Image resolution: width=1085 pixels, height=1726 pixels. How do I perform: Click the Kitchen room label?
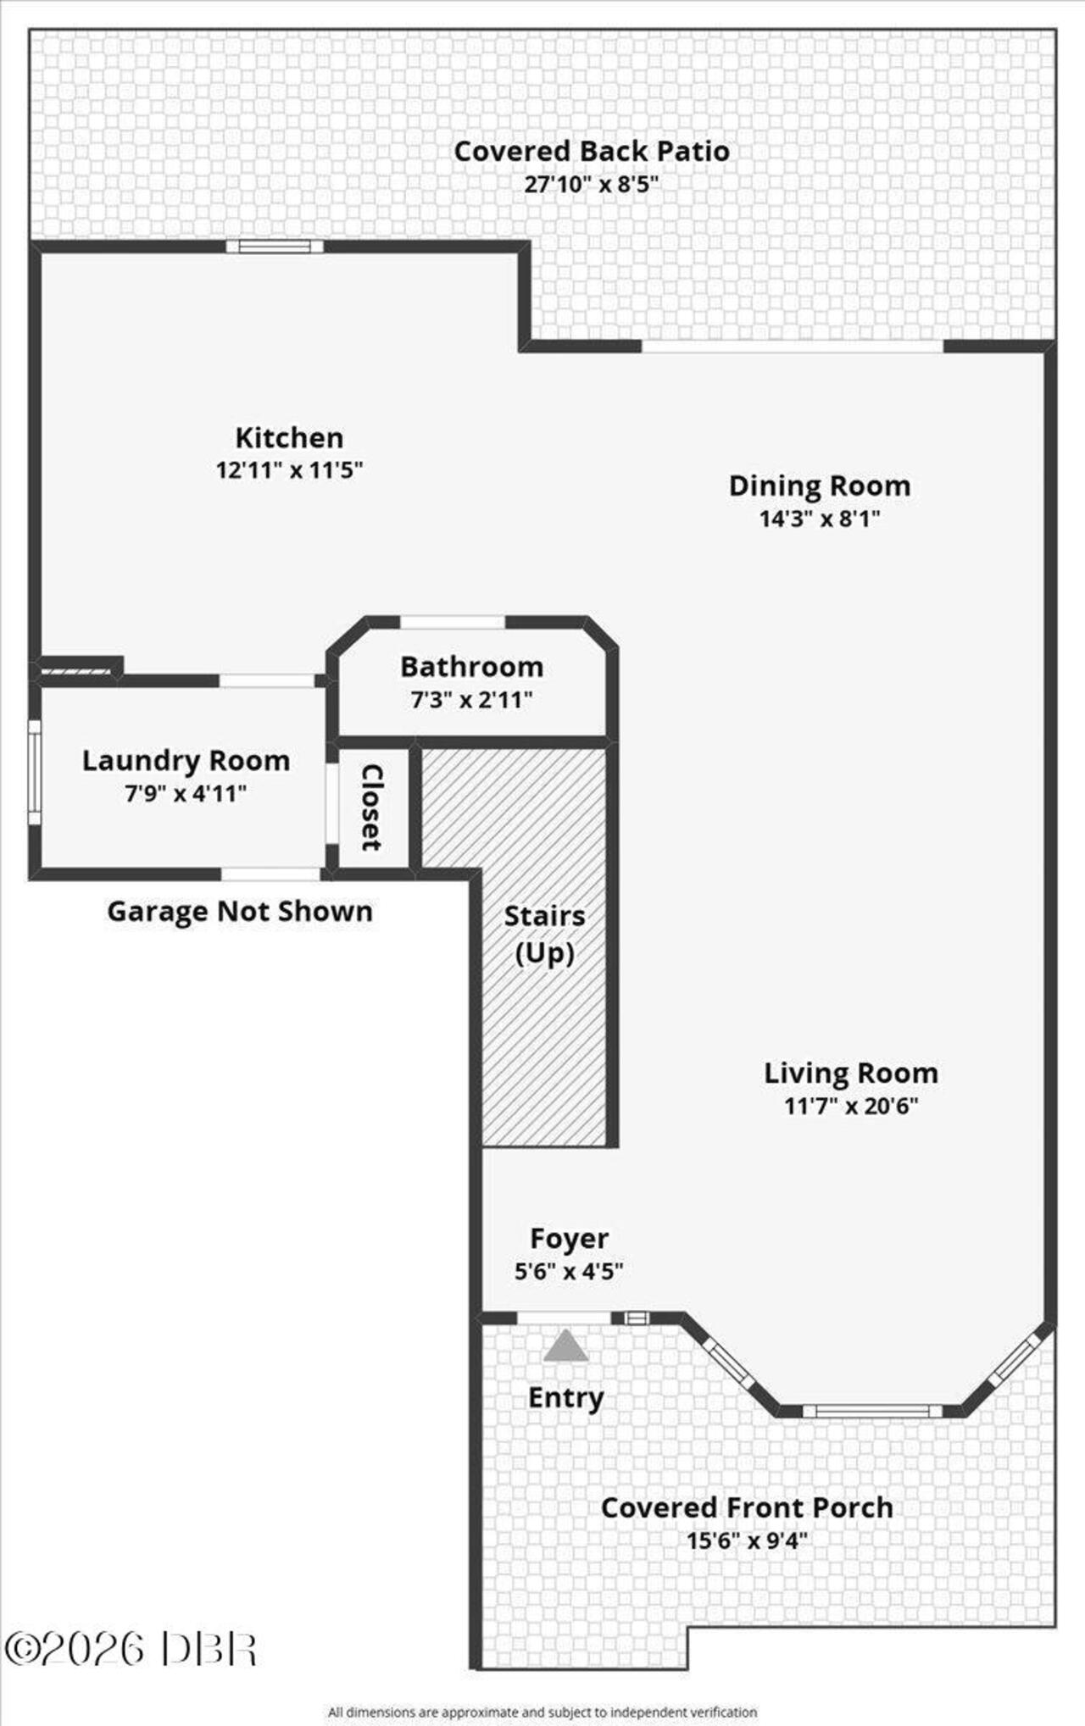pyautogui.click(x=289, y=438)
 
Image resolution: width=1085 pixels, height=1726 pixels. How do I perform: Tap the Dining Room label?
pyautogui.click(x=820, y=486)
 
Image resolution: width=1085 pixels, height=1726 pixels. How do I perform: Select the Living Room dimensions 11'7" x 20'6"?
pyautogui.click(x=851, y=1106)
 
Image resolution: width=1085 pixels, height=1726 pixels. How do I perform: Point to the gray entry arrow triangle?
pyautogui.click(x=566, y=1345)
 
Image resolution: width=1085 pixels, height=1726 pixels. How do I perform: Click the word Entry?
pyautogui.click(x=566, y=1397)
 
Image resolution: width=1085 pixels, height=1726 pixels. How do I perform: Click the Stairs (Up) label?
pyautogui.click(x=544, y=935)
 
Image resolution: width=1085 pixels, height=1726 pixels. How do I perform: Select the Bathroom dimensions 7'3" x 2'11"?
pyautogui.click(x=471, y=700)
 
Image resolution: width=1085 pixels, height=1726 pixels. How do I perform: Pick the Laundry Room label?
pyautogui.click(x=186, y=761)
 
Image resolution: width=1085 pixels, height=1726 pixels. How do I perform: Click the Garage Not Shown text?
pyautogui.click(x=240, y=912)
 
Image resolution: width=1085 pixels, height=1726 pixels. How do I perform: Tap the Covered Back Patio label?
pyautogui.click(x=592, y=152)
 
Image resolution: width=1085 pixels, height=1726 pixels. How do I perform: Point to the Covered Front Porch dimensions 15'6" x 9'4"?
pyautogui.click(x=747, y=1540)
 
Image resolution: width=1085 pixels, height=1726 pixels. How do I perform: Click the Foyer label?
pyautogui.click(x=569, y=1239)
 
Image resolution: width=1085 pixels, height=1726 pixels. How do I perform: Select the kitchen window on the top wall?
pyautogui.click(x=275, y=247)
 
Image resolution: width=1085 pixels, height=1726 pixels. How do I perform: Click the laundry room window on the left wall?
pyautogui.click(x=35, y=772)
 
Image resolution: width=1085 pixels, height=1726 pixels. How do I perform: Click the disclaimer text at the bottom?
pyautogui.click(x=542, y=1712)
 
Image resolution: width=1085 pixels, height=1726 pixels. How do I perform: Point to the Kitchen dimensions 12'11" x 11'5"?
pyautogui.click(x=289, y=469)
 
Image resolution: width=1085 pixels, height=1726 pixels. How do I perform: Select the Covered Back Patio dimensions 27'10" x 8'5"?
pyautogui.click(x=592, y=184)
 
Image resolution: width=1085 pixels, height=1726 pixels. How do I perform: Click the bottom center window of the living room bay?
pyautogui.click(x=872, y=1411)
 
